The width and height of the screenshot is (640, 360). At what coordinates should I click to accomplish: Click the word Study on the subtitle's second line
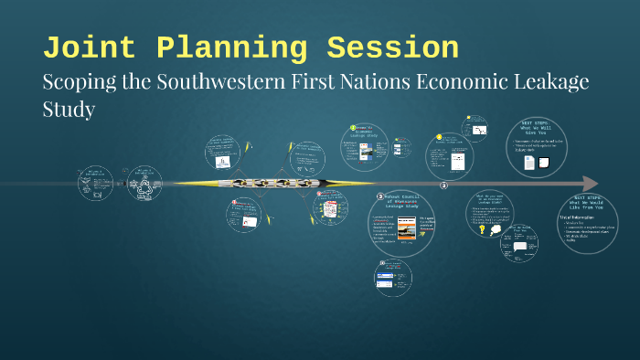coord(69,109)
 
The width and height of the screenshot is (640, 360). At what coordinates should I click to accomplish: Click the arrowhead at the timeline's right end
coord(590,184)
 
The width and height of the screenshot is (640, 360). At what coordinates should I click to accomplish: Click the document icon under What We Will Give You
coord(528,163)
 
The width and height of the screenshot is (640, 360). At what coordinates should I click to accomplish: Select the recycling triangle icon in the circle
coord(144,189)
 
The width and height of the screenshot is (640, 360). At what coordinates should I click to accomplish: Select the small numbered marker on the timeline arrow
coord(444,185)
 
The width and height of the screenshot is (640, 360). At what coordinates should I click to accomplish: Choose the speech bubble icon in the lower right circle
coord(520,247)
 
